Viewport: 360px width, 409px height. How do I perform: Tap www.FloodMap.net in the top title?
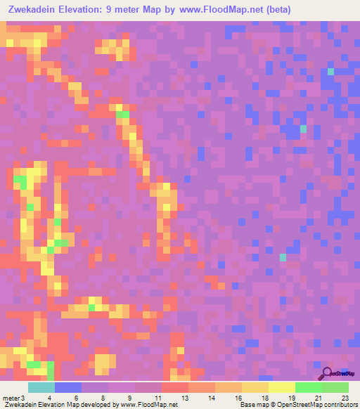(220, 10)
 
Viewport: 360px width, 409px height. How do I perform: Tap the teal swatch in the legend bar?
(41, 387)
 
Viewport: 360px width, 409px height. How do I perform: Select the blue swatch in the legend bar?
(68, 387)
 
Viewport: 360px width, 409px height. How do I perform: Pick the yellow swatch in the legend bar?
(281, 387)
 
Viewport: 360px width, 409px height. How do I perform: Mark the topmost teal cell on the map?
(330, 71)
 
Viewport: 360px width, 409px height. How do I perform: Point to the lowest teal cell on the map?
(283, 258)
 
